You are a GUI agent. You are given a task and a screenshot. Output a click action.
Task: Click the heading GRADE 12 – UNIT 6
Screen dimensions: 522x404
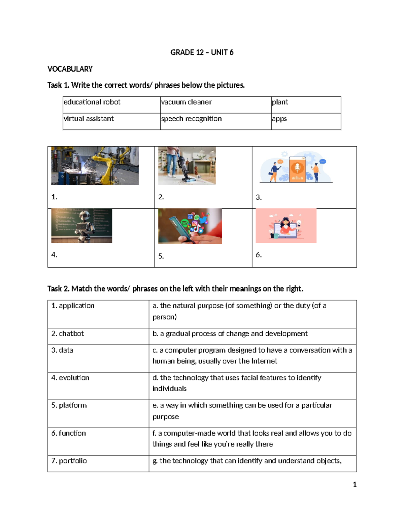[202, 52]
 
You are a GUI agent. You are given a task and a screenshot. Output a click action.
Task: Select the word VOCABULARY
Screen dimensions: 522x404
[70, 69]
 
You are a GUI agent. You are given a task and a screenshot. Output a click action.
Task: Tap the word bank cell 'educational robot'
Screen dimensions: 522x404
[92, 102]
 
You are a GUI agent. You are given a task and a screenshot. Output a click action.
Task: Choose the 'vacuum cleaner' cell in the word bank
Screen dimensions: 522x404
[186, 102]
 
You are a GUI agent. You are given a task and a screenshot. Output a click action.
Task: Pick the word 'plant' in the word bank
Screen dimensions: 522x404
[280, 102]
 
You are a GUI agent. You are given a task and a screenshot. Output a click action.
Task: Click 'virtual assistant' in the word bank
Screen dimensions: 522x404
[89, 119]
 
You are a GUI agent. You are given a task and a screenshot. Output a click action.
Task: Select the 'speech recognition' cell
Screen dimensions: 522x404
[191, 119]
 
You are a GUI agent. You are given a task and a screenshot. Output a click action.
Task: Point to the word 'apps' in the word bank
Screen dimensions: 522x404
[279, 119]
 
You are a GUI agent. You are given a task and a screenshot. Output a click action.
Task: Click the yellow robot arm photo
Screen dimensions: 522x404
[95, 165]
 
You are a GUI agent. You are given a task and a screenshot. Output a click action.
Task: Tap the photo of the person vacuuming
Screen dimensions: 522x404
[187, 165]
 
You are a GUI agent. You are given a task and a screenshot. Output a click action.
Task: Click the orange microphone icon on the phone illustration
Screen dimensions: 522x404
[297, 167]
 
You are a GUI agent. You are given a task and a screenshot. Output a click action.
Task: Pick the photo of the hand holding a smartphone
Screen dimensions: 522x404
[190, 226]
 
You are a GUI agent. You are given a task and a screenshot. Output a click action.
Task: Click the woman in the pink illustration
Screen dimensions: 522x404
[286, 226]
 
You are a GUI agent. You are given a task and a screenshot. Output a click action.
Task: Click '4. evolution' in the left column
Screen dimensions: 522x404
[70, 378]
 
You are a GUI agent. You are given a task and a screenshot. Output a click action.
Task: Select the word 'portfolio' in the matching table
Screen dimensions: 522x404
[73, 461]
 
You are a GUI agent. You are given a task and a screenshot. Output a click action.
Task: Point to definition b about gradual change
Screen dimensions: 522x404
[230, 334]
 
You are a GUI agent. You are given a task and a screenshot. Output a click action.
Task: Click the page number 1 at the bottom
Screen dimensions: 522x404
[355, 484]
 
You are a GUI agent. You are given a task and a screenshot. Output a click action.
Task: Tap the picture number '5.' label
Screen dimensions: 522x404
[161, 256]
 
